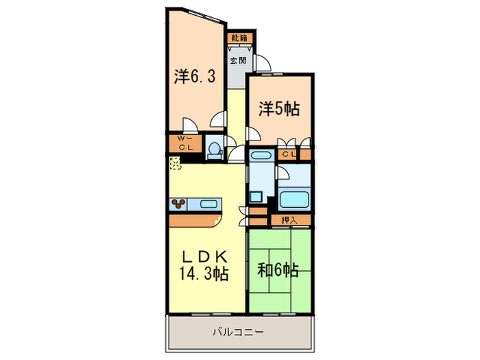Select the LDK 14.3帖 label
tap(204, 265)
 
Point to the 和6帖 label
tap(278, 270)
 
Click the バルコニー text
tap(239, 332)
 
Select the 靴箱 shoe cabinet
tap(239, 38)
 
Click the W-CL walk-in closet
tap(185, 143)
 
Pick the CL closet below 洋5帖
tap(289, 154)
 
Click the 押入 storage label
tap(288, 219)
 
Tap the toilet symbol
tap(214, 148)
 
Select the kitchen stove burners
tap(179, 204)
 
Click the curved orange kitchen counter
tap(199, 220)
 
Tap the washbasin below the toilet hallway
tap(261, 156)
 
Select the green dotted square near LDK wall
tap(176, 163)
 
